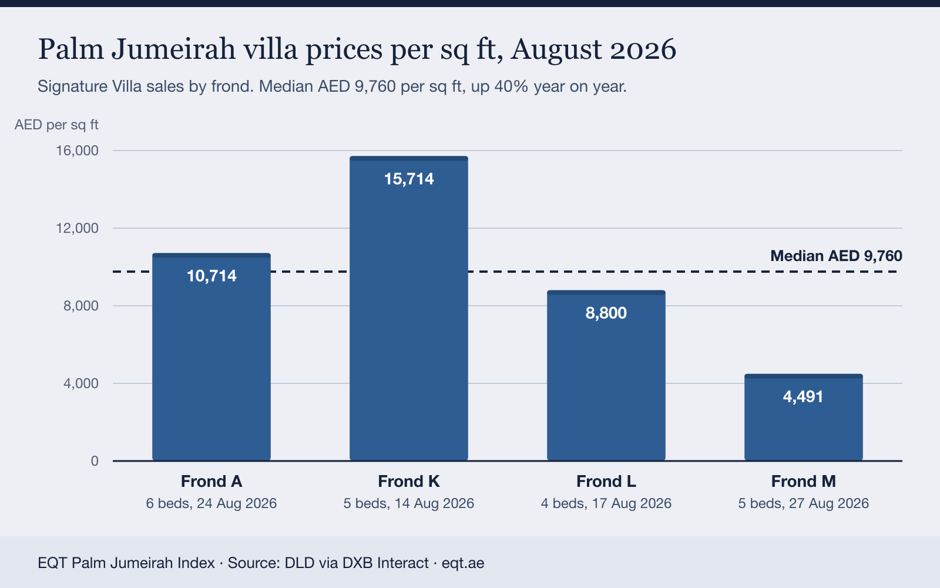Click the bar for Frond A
[211, 357]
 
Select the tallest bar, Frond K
[409, 308]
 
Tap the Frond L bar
[606, 376]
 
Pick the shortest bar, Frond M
[804, 417]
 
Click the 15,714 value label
[409, 179]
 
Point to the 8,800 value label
[606, 313]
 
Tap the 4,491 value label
[803, 396]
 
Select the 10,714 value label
[211, 276]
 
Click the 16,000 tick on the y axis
[77, 151]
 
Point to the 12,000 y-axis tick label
[77, 228]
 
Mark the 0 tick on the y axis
[95, 461]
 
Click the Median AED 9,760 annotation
[836, 256]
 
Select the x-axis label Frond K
[409, 482]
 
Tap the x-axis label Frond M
[804, 482]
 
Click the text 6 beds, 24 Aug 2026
[211, 503]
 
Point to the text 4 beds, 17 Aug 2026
[606, 503]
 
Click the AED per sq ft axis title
[56, 125]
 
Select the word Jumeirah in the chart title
[173, 49]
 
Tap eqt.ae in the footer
[463, 563]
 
